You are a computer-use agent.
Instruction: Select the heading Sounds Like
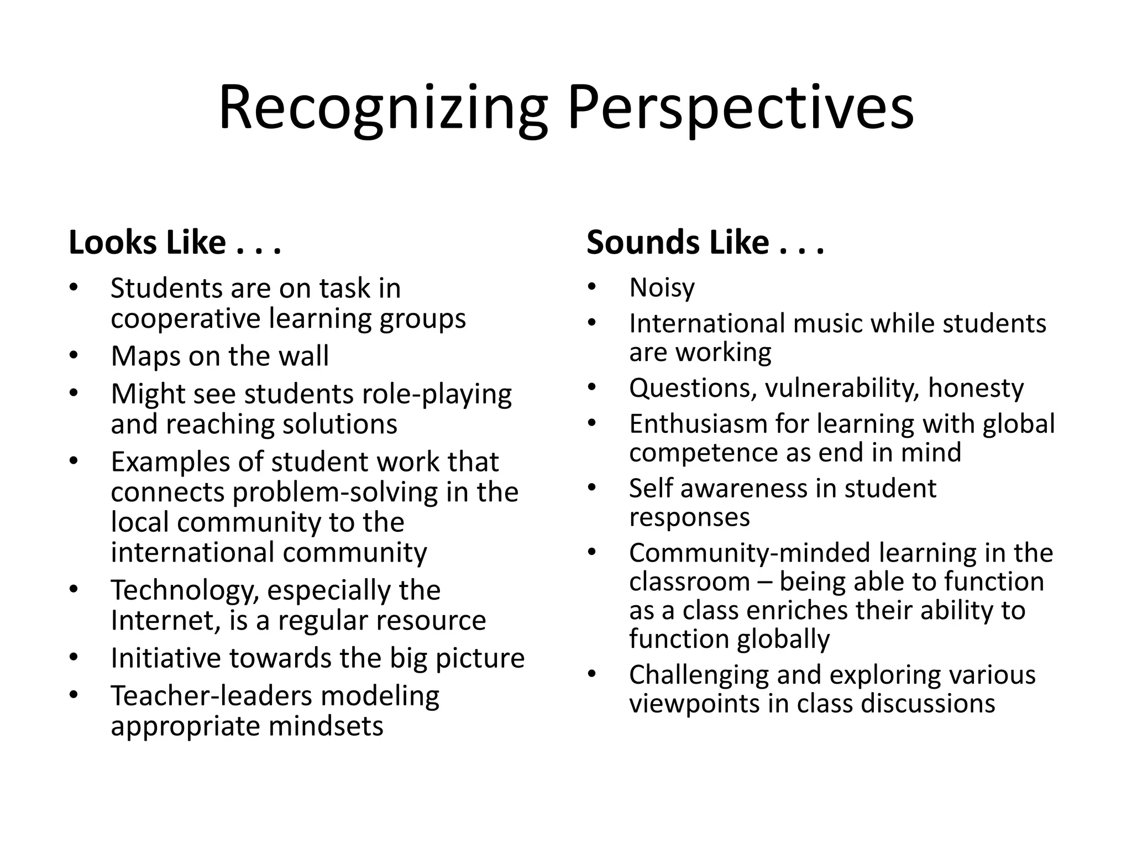point(705,243)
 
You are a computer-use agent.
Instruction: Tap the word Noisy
point(662,288)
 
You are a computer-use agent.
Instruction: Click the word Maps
point(145,355)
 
